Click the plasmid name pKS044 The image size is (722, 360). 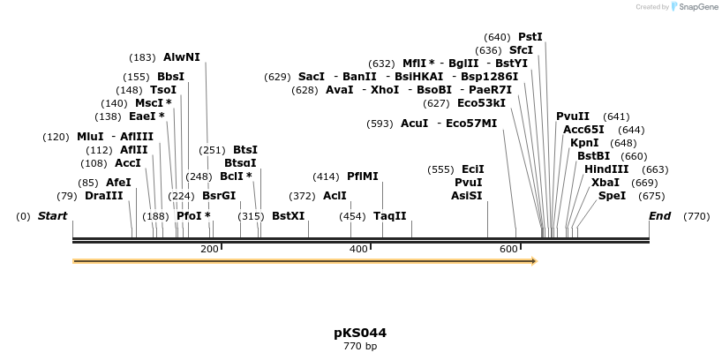360,333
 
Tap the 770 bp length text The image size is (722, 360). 360,346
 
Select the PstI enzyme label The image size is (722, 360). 530,37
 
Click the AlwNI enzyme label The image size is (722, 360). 182,57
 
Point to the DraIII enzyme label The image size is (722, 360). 104,196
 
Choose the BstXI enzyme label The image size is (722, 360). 288,216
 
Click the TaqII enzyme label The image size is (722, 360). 390,216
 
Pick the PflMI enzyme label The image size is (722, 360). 363,176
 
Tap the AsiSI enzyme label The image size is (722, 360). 467,196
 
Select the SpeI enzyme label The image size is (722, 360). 612,196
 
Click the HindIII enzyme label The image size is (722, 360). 606,169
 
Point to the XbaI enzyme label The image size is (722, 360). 605,183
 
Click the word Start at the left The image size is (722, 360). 52,216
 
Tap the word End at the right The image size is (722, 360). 659,216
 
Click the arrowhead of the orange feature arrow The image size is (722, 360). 532,261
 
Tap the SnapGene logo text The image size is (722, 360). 696,7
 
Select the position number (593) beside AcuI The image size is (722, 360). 380,124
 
